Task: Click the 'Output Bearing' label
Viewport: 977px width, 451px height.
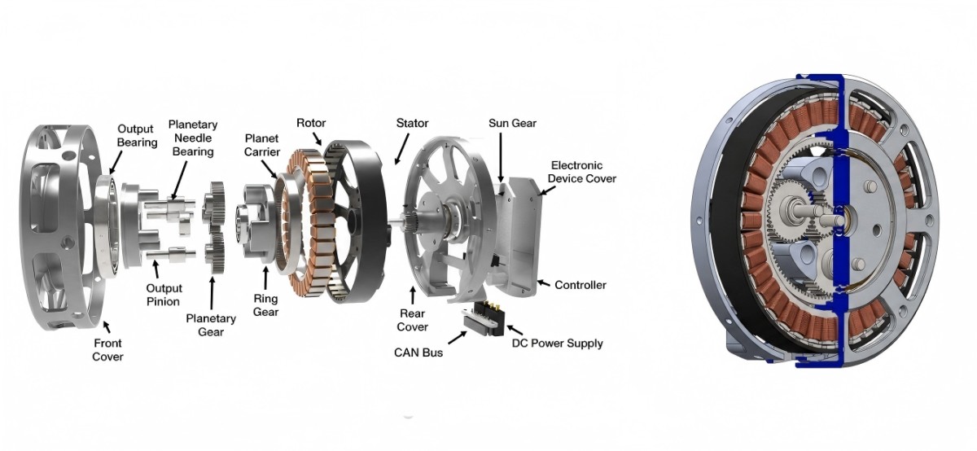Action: pyautogui.click(x=138, y=136)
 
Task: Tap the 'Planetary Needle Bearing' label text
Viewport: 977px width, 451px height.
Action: pyautogui.click(x=193, y=138)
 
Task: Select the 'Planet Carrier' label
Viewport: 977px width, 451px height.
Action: pyautogui.click(x=261, y=145)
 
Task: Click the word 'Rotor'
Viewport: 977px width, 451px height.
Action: pyautogui.click(x=311, y=123)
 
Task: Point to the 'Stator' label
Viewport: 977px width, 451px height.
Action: pyautogui.click(x=412, y=123)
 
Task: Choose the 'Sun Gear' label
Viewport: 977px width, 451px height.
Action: pyautogui.click(x=512, y=123)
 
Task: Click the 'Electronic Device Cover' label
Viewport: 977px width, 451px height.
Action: pyautogui.click(x=582, y=172)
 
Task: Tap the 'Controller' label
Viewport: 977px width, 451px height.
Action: pyautogui.click(x=580, y=285)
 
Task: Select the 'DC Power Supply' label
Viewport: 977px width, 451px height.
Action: pyautogui.click(x=558, y=344)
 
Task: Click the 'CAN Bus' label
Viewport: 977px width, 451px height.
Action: pyautogui.click(x=418, y=352)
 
